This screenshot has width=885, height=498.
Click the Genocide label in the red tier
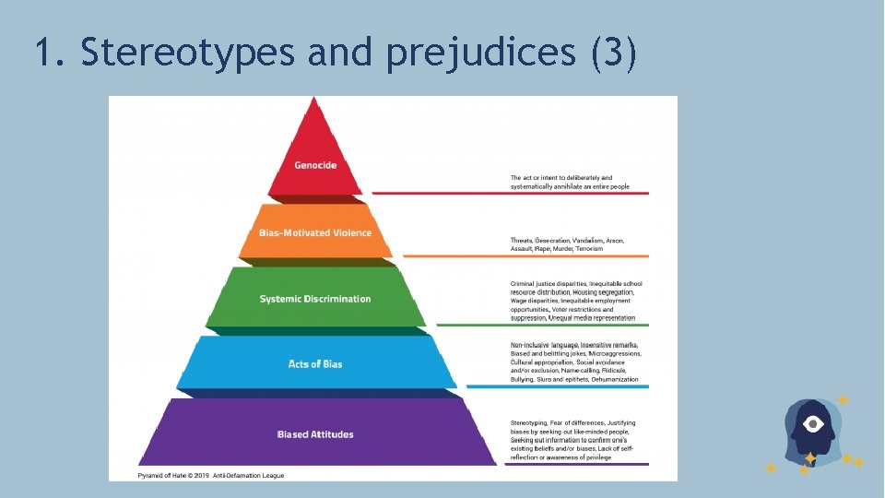coord(315,165)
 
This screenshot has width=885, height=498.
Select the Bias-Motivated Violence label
coord(315,232)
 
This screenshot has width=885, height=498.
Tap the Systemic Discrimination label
coord(315,299)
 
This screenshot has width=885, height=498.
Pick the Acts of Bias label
coord(315,364)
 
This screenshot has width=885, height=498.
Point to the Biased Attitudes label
coord(315,434)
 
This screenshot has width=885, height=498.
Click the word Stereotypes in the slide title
coord(188,53)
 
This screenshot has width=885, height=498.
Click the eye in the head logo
coord(813,424)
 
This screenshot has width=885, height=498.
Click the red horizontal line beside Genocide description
coord(511,193)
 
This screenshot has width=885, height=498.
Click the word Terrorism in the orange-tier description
coord(590,249)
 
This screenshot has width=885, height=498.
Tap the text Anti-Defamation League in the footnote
coord(250,475)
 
